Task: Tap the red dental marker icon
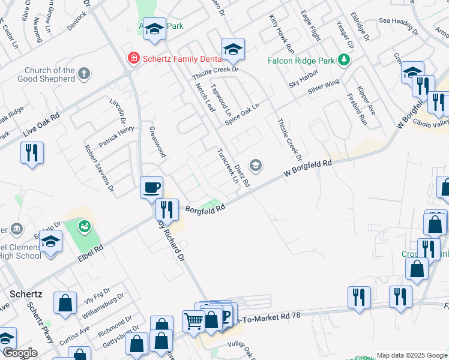pos(133,58)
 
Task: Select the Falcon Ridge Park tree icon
pos(343,60)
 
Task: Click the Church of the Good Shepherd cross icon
pos(84,74)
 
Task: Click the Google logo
pos(19,353)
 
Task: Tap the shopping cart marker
pos(193,321)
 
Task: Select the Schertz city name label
pos(25,294)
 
